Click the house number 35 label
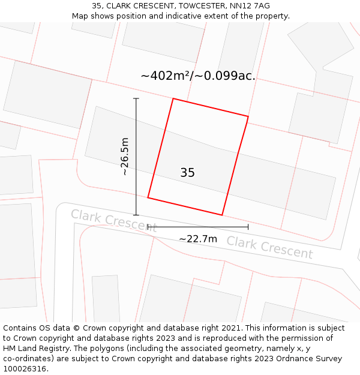coord(187,173)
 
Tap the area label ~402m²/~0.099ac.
coord(198,76)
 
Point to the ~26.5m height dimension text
coord(125,157)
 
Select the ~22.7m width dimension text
coord(198,239)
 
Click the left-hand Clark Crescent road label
coord(113,221)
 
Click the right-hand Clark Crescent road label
coord(269,247)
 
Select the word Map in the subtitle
coord(80,16)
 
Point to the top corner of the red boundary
coord(173,98)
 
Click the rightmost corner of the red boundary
coord(248,116)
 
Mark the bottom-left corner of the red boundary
coord(148,197)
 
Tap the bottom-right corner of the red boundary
coord(222,215)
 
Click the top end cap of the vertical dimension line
coord(136,98)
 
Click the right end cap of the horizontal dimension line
coord(248,227)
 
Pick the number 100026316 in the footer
coord(23,368)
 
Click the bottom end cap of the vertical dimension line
coord(136,215)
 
